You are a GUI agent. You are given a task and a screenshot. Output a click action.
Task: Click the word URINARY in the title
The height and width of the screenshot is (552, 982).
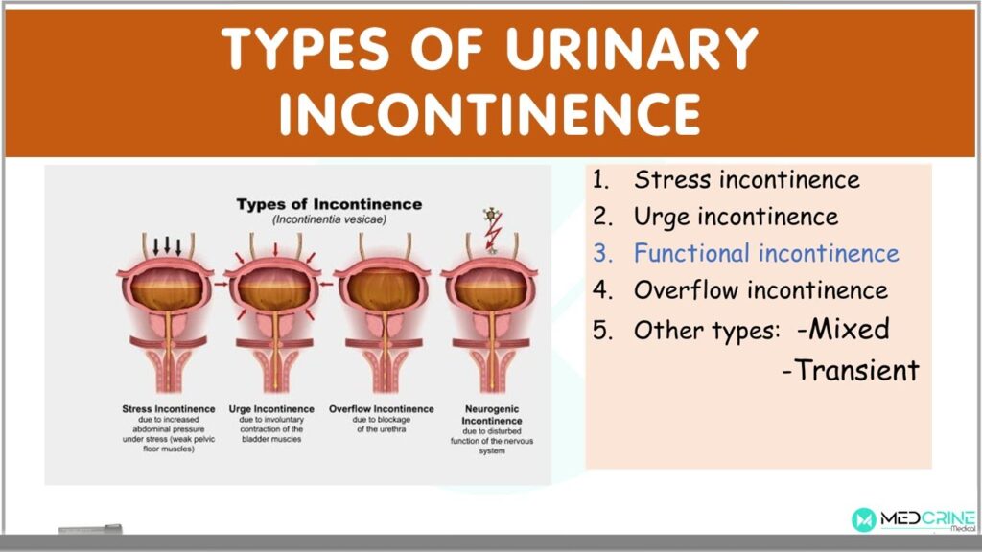pyautogui.click(x=631, y=48)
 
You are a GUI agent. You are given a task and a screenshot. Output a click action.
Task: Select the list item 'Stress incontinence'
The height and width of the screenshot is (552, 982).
pyautogui.click(x=746, y=179)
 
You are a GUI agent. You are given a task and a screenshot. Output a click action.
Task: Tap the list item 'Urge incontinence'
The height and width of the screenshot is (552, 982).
pyautogui.click(x=736, y=218)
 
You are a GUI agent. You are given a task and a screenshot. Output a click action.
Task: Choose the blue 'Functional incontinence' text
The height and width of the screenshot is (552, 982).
pyautogui.click(x=766, y=253)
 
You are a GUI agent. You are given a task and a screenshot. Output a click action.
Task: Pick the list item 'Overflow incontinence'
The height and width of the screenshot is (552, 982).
pyautogui.click(x=760, y=290)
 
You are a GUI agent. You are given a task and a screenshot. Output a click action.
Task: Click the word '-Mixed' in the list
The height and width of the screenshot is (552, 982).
pyautogui.click(x=843, y=330)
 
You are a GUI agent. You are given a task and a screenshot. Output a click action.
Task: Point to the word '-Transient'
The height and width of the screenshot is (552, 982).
pyautogui.click(x=851, y=370)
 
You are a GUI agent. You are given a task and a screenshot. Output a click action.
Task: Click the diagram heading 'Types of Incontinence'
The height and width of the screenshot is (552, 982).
pyautogui.click(x=330, y=205)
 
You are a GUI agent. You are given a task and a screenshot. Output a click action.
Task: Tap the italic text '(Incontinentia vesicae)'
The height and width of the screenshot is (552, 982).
pyautogui.click(x=330, y=219)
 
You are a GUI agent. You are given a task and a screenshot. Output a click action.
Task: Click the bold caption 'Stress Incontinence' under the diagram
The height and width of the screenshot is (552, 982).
pyautogui.click(x=169, y=408)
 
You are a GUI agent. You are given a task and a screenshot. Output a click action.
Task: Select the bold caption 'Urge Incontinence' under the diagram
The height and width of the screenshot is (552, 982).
pyautogui.click(x=271, y=408)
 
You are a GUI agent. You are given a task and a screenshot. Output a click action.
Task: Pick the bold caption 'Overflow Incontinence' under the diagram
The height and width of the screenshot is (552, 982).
pyautogui.click(x=382, y=408)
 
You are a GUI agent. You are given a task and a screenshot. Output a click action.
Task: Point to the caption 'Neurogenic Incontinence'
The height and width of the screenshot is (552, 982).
pyautogui.click(x=492, y=414)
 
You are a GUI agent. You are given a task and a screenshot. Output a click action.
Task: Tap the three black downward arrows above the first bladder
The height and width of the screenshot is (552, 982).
pyautogui.click(x=167, y=245)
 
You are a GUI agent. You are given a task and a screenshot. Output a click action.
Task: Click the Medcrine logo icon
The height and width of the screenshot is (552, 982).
pyautogui.click(x=864, y=519)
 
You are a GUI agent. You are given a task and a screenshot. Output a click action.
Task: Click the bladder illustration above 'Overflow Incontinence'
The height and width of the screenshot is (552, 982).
pyautogui.click(x=382, y=313)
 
